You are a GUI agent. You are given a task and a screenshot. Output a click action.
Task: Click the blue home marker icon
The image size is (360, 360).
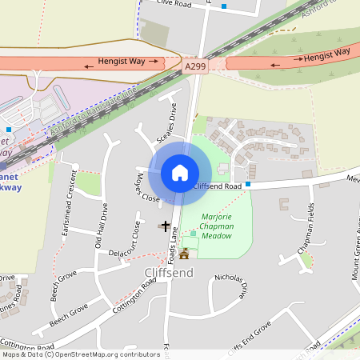(x=180, y=172)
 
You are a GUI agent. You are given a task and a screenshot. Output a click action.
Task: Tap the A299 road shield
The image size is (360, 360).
(x=194, y=67)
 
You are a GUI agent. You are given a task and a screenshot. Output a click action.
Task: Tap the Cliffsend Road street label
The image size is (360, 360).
(x=218, y=186)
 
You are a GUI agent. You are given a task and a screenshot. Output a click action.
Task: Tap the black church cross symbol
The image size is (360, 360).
(x=166, y=226)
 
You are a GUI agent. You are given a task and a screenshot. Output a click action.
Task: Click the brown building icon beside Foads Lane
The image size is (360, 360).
(x=186, y=254)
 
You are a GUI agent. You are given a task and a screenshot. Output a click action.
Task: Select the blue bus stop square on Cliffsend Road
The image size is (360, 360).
(x=248, y=184)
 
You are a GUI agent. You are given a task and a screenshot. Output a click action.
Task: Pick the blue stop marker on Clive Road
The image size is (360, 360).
(x=224, y=6)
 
